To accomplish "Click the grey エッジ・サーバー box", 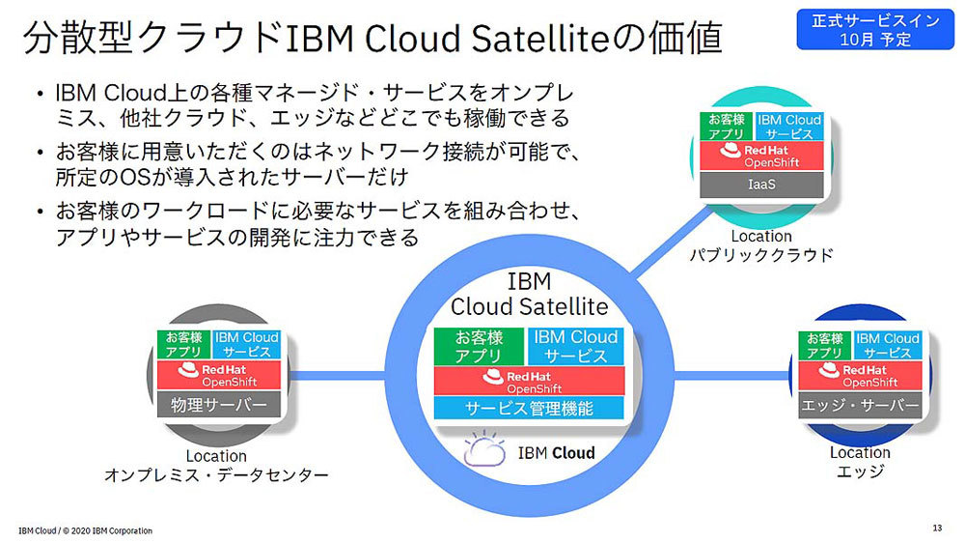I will [860, 406].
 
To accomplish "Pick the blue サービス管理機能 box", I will [528, 408].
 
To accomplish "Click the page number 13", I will [937, 528].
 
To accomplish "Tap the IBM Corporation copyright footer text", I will [85, 530].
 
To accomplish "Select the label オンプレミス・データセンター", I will [216, 474].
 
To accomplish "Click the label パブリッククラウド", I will [761, 255].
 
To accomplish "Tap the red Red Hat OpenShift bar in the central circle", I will [528, 381].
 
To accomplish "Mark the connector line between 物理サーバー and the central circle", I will [333, 375].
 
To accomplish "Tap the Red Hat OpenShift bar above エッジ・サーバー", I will [860, 375].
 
